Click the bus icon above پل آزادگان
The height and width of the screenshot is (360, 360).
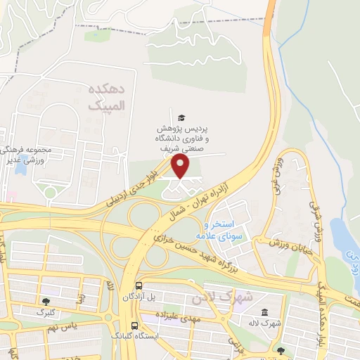click(x=139, y=286)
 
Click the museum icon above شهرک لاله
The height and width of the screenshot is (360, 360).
click(x=264, y=312)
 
